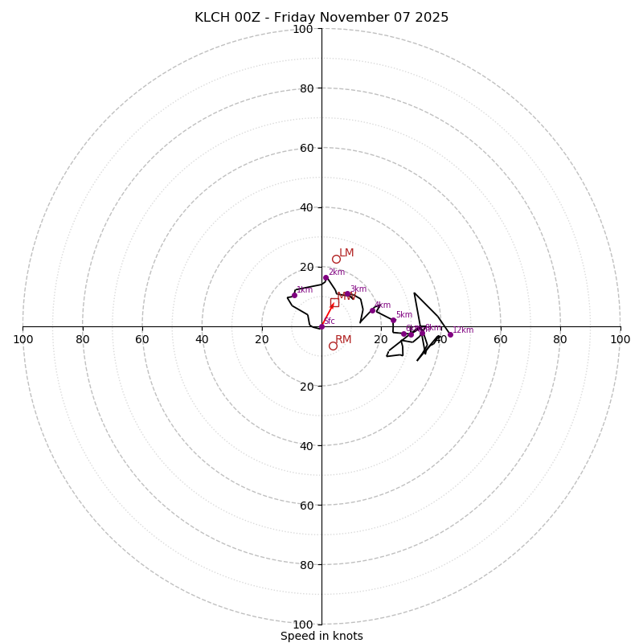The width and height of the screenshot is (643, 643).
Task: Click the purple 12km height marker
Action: [450, 334]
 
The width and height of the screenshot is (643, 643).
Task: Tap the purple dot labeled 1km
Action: [294, 295]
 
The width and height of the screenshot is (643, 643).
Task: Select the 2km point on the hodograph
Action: [326, 278]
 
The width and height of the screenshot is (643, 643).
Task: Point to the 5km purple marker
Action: [393, 320]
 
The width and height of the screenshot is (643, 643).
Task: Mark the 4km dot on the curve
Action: [372, 310]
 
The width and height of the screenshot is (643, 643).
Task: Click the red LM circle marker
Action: [336, 259]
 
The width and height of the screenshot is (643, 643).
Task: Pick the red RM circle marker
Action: [333, 346]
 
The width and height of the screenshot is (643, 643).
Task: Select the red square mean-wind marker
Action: [334, 302]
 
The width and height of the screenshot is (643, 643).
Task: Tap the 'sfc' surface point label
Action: [329, 321]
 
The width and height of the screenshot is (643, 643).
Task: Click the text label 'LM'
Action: [346, 253]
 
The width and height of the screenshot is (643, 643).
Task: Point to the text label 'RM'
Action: [343, 340]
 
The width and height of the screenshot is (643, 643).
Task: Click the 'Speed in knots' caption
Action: [321, 636]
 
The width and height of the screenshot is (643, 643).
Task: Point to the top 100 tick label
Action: [302, 30]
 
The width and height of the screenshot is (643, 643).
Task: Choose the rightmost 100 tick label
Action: [620, 339]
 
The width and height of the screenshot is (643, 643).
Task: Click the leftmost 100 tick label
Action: [23, 339]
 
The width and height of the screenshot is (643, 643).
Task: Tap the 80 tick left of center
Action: [83, 339]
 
